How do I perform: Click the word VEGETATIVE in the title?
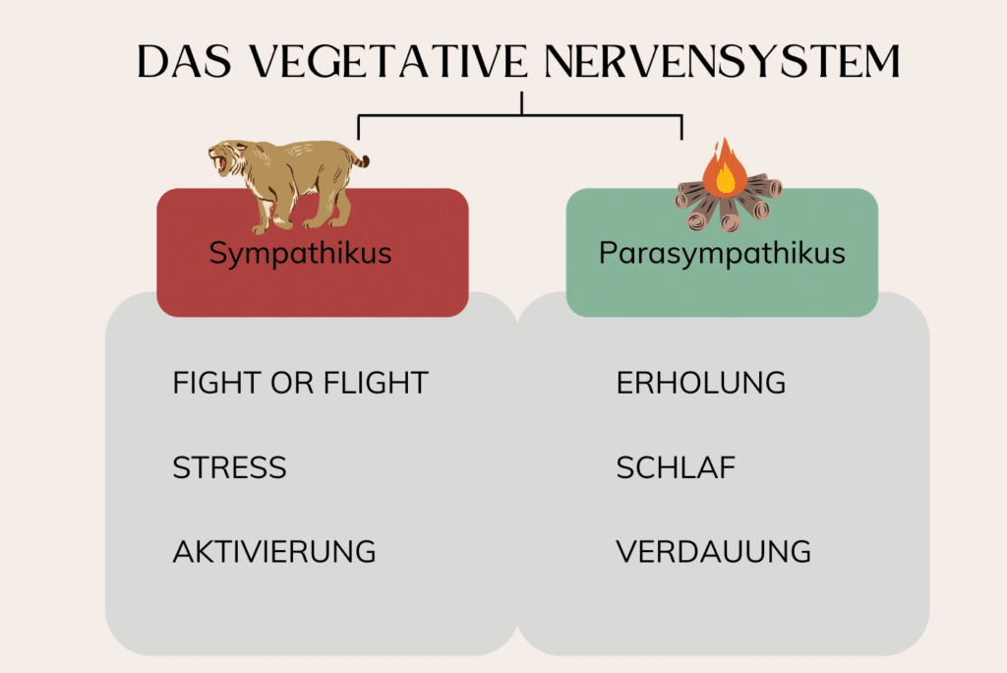coord(387,62)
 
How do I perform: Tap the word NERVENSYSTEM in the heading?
coord(723,62)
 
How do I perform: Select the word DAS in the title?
coord(184,62)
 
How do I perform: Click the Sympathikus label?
coord(300,253)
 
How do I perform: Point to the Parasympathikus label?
coord(722,253)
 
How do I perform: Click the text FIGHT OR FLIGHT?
coord(300,383)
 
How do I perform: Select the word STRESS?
coord(229,467)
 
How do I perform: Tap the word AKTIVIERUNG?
coord(274,552)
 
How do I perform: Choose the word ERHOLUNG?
coord(700,383)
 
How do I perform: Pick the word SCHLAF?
coord(676,467)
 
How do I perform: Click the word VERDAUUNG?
coord(714,552)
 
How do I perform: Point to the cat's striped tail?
coord(360,158)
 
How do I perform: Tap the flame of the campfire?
coord(725,167)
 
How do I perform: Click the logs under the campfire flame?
coord(729,203)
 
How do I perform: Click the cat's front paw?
coord(261,228)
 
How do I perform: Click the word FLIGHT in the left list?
coord(376,383)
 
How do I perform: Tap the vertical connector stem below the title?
coord(521,103)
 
